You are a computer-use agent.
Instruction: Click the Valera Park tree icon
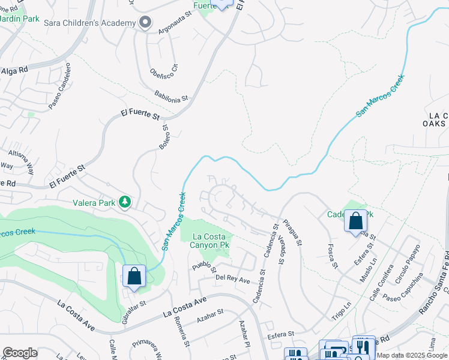(x=125, y=202)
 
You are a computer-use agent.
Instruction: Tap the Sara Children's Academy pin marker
(x=145, y=23)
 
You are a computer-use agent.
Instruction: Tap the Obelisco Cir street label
(x=164, y=71)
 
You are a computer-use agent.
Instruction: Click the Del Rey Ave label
(x=232, y=278)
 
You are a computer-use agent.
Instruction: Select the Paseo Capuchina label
(x=403, y=288)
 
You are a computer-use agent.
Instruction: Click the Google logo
(x=20, y=353)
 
